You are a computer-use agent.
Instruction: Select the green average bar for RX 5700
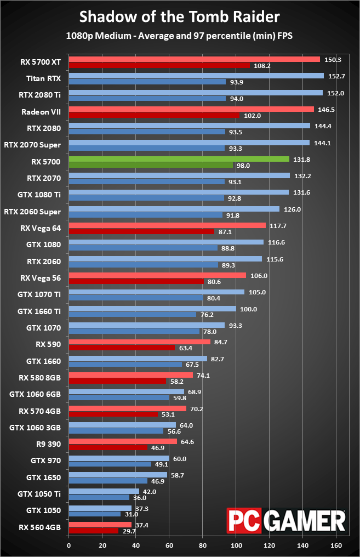(179, 159)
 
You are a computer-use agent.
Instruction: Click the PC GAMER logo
(287, 520)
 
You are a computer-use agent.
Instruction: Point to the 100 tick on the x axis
(237, 545)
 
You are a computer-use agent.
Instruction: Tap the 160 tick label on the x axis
(337, 545)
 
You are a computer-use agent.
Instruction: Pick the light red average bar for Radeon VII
(191, 109)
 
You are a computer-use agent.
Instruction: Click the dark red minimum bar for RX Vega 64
(141, 231)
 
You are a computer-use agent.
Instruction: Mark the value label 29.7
(128, 531)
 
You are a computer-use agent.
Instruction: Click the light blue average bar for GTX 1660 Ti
(152, 309)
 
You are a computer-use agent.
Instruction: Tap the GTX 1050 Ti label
(39, 494)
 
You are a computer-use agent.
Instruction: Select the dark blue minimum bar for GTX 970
(110, 464)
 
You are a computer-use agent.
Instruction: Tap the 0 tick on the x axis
(68, 545)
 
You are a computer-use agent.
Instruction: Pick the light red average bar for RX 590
(139, 342)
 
